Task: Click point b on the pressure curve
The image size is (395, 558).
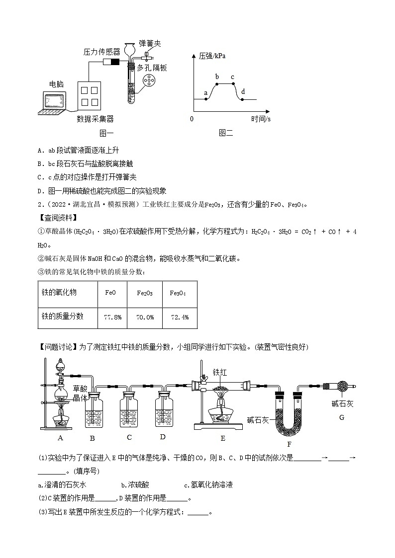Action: [217, 84]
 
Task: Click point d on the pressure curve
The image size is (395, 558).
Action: [242, 99]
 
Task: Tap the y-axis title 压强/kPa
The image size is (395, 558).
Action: [212, 56]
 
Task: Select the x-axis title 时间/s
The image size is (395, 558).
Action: [261, 119]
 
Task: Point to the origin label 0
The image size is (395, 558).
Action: [192, 119]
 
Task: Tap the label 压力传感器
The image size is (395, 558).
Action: [101, 51]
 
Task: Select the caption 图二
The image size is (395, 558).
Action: [225, 133]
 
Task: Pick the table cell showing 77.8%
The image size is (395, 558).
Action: [112, 317]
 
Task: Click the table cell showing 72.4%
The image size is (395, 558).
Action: [180, 317]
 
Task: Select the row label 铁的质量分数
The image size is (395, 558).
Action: [62, 316]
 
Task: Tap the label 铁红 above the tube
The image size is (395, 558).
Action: [220, 372]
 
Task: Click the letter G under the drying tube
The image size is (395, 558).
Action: [342, 417]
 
